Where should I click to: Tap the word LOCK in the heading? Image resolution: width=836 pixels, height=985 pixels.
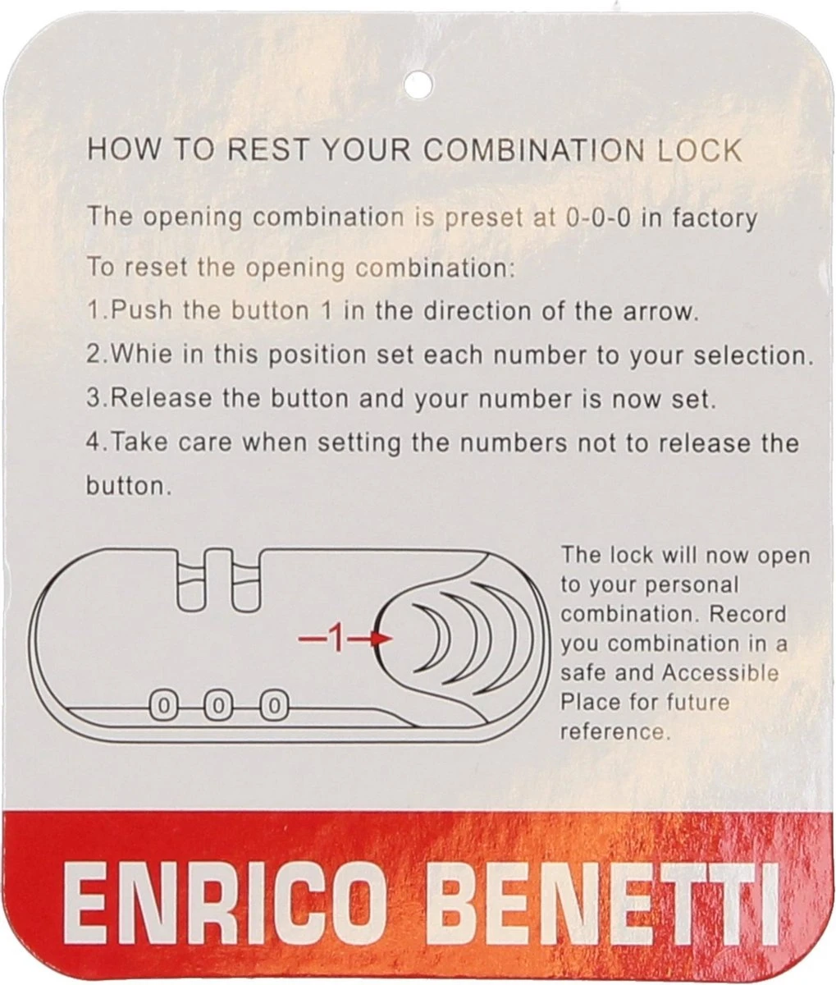point(699,151)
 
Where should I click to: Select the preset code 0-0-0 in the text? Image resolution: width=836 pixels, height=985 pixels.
point(598,218)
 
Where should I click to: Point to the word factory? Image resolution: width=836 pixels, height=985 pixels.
point(715,219)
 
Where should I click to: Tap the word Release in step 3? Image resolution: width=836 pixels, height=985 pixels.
point(161,398)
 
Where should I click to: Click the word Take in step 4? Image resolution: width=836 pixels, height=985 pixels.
point(139,442)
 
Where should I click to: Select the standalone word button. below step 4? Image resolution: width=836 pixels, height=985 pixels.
point(128,486)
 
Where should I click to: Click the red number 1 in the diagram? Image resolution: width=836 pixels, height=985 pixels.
point(336,638)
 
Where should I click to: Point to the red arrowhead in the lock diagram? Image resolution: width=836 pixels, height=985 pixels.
point(382,638)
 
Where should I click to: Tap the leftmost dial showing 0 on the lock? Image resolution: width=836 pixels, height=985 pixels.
point(163,706)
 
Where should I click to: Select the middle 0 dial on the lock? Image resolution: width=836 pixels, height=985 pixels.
point(218,706)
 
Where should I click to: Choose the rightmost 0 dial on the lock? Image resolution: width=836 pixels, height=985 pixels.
point(274,706)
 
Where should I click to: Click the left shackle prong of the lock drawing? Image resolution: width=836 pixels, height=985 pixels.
point(191,581)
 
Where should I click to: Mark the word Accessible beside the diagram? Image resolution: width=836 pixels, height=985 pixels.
point(720,672)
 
